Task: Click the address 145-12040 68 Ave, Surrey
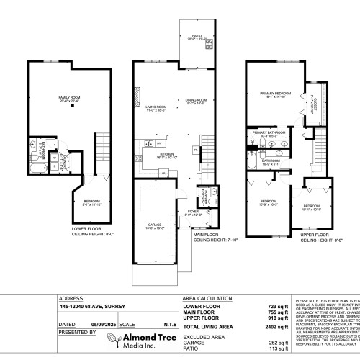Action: tap(89, 305)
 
